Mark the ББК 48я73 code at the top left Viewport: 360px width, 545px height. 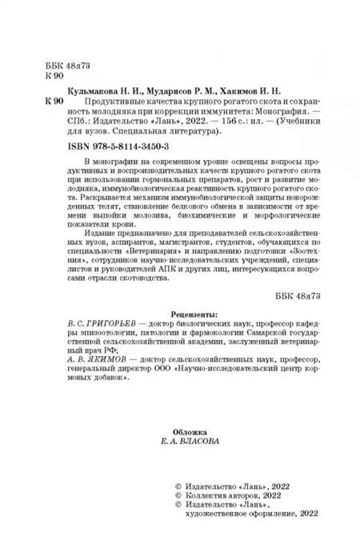click(52, 62)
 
